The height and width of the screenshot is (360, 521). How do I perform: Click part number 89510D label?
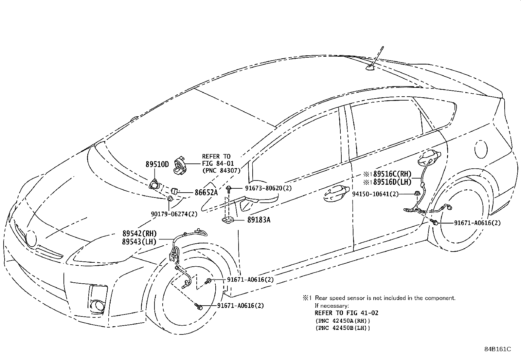(157, 164)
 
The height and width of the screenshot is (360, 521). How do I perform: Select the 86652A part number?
(206, 193)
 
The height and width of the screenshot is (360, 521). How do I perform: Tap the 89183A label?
(259, 220)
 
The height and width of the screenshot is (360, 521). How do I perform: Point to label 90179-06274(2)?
(174, 214)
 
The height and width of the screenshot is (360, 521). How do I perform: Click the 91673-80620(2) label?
(268, 188)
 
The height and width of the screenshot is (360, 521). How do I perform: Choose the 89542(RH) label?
(139, 234)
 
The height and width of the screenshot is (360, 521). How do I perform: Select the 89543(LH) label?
(139, 241)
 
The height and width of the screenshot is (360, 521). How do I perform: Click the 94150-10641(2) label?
(375, 194)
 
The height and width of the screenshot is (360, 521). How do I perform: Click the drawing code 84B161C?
(497, 349)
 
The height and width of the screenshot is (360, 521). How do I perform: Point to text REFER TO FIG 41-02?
(346, 313)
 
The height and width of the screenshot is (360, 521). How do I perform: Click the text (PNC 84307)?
(221, 170)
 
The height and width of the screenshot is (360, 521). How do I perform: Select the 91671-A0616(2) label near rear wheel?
(477, 223)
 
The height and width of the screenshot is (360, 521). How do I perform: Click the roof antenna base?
(370, 68)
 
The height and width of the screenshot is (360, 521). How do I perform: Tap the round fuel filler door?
(481, 149)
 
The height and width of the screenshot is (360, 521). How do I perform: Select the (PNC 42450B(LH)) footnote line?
(343, 328)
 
